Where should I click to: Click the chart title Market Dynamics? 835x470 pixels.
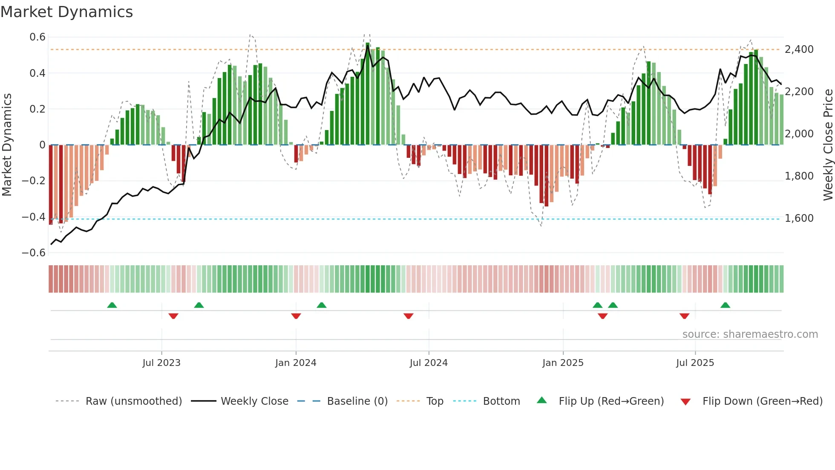pyautogui.click(x=66, y=12)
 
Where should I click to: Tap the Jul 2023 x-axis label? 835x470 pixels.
pyautogui.click(x=161, y=363)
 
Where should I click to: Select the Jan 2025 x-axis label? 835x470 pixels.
pyautogui.click(x=563, y=363)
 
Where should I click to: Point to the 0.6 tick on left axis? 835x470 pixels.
pyautogui.click(x=37, y=37)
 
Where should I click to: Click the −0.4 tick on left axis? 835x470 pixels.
pyautogui.click(x=34, y=217)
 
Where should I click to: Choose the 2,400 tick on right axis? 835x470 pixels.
pyautogui.click(x=799, y=49)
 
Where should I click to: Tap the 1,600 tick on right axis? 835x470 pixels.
pyautogui.click(x=799, y=218)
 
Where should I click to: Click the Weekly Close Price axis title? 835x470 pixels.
pyautogui.click(x=828, y=145)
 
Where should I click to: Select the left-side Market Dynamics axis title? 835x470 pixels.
pyautogui.click(x=7, y=145)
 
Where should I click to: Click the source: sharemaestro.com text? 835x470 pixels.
pyautogui.click(x=750, y=334)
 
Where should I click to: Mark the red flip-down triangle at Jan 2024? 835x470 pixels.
pyautogui.click(x=296, y=316)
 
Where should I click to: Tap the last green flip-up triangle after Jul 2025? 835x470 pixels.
pyautogui.click(x=725, y=305)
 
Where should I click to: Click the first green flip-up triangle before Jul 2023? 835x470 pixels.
pyautogui.click(x=112, y=305)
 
